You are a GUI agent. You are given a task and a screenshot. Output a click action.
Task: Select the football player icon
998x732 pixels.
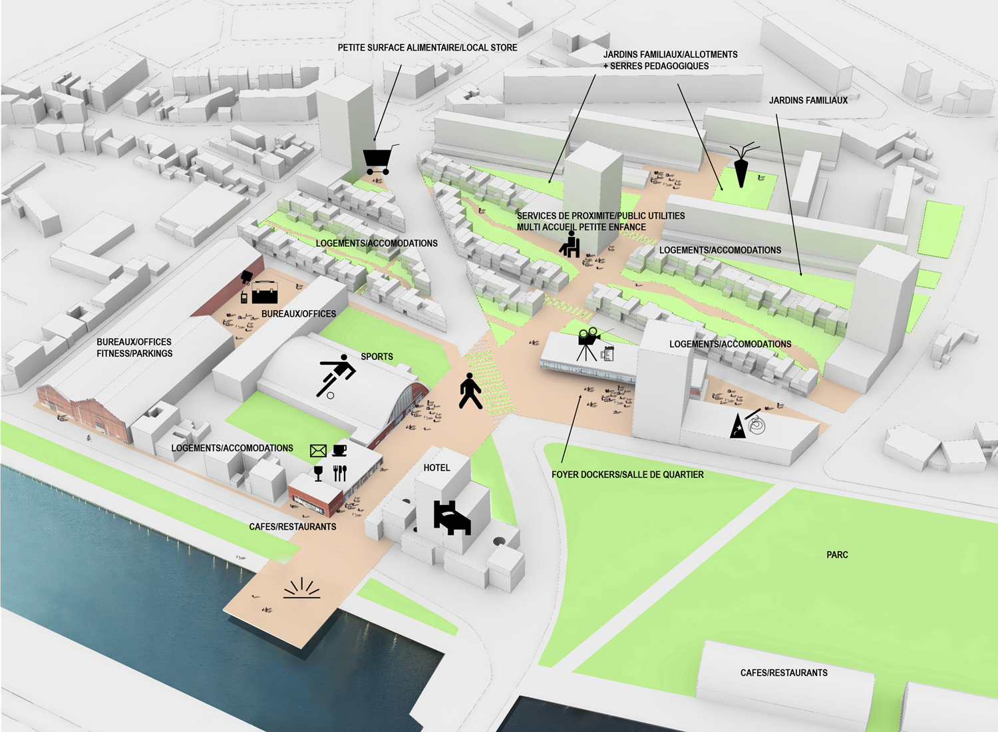[x=337, y=375]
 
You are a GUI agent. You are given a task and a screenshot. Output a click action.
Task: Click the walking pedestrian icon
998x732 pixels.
[x=470, y=391]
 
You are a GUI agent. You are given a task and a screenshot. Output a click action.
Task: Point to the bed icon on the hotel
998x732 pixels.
[x=452, y=518]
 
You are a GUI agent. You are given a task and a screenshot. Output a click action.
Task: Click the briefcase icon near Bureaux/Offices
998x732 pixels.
[x=265, y=291]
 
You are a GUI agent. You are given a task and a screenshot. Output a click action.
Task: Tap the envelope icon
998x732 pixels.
[x=318, y=451]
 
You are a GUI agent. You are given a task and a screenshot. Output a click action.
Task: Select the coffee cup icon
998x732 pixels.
[x=339, y=451]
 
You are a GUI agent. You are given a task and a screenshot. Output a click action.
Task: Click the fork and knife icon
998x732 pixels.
[x=340, y=473]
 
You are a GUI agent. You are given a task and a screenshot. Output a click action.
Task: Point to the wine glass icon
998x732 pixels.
[x=318, y=473]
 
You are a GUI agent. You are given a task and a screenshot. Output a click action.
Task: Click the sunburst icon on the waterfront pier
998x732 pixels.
[x=301, y=588]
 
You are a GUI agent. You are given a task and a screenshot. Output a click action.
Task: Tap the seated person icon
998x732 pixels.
[x=570, y=244]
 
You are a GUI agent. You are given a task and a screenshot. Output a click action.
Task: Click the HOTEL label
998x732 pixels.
[x=436, y=468]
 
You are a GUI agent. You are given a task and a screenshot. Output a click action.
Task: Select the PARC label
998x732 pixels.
[x=837, y=555]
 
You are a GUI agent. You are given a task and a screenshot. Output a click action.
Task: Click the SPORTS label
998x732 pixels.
[x=377, y=357]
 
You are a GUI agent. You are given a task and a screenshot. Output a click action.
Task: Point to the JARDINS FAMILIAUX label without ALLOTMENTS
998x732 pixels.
[x=808, y=100]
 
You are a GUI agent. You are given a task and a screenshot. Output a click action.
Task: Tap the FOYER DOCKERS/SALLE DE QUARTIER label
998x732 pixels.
[x=627, y=474]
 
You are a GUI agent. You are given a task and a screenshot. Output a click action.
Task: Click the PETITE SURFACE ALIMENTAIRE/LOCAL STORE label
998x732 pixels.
[x=427, y=48]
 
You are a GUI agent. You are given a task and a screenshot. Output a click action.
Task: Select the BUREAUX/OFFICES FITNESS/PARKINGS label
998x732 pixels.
[x=134, y=347]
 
